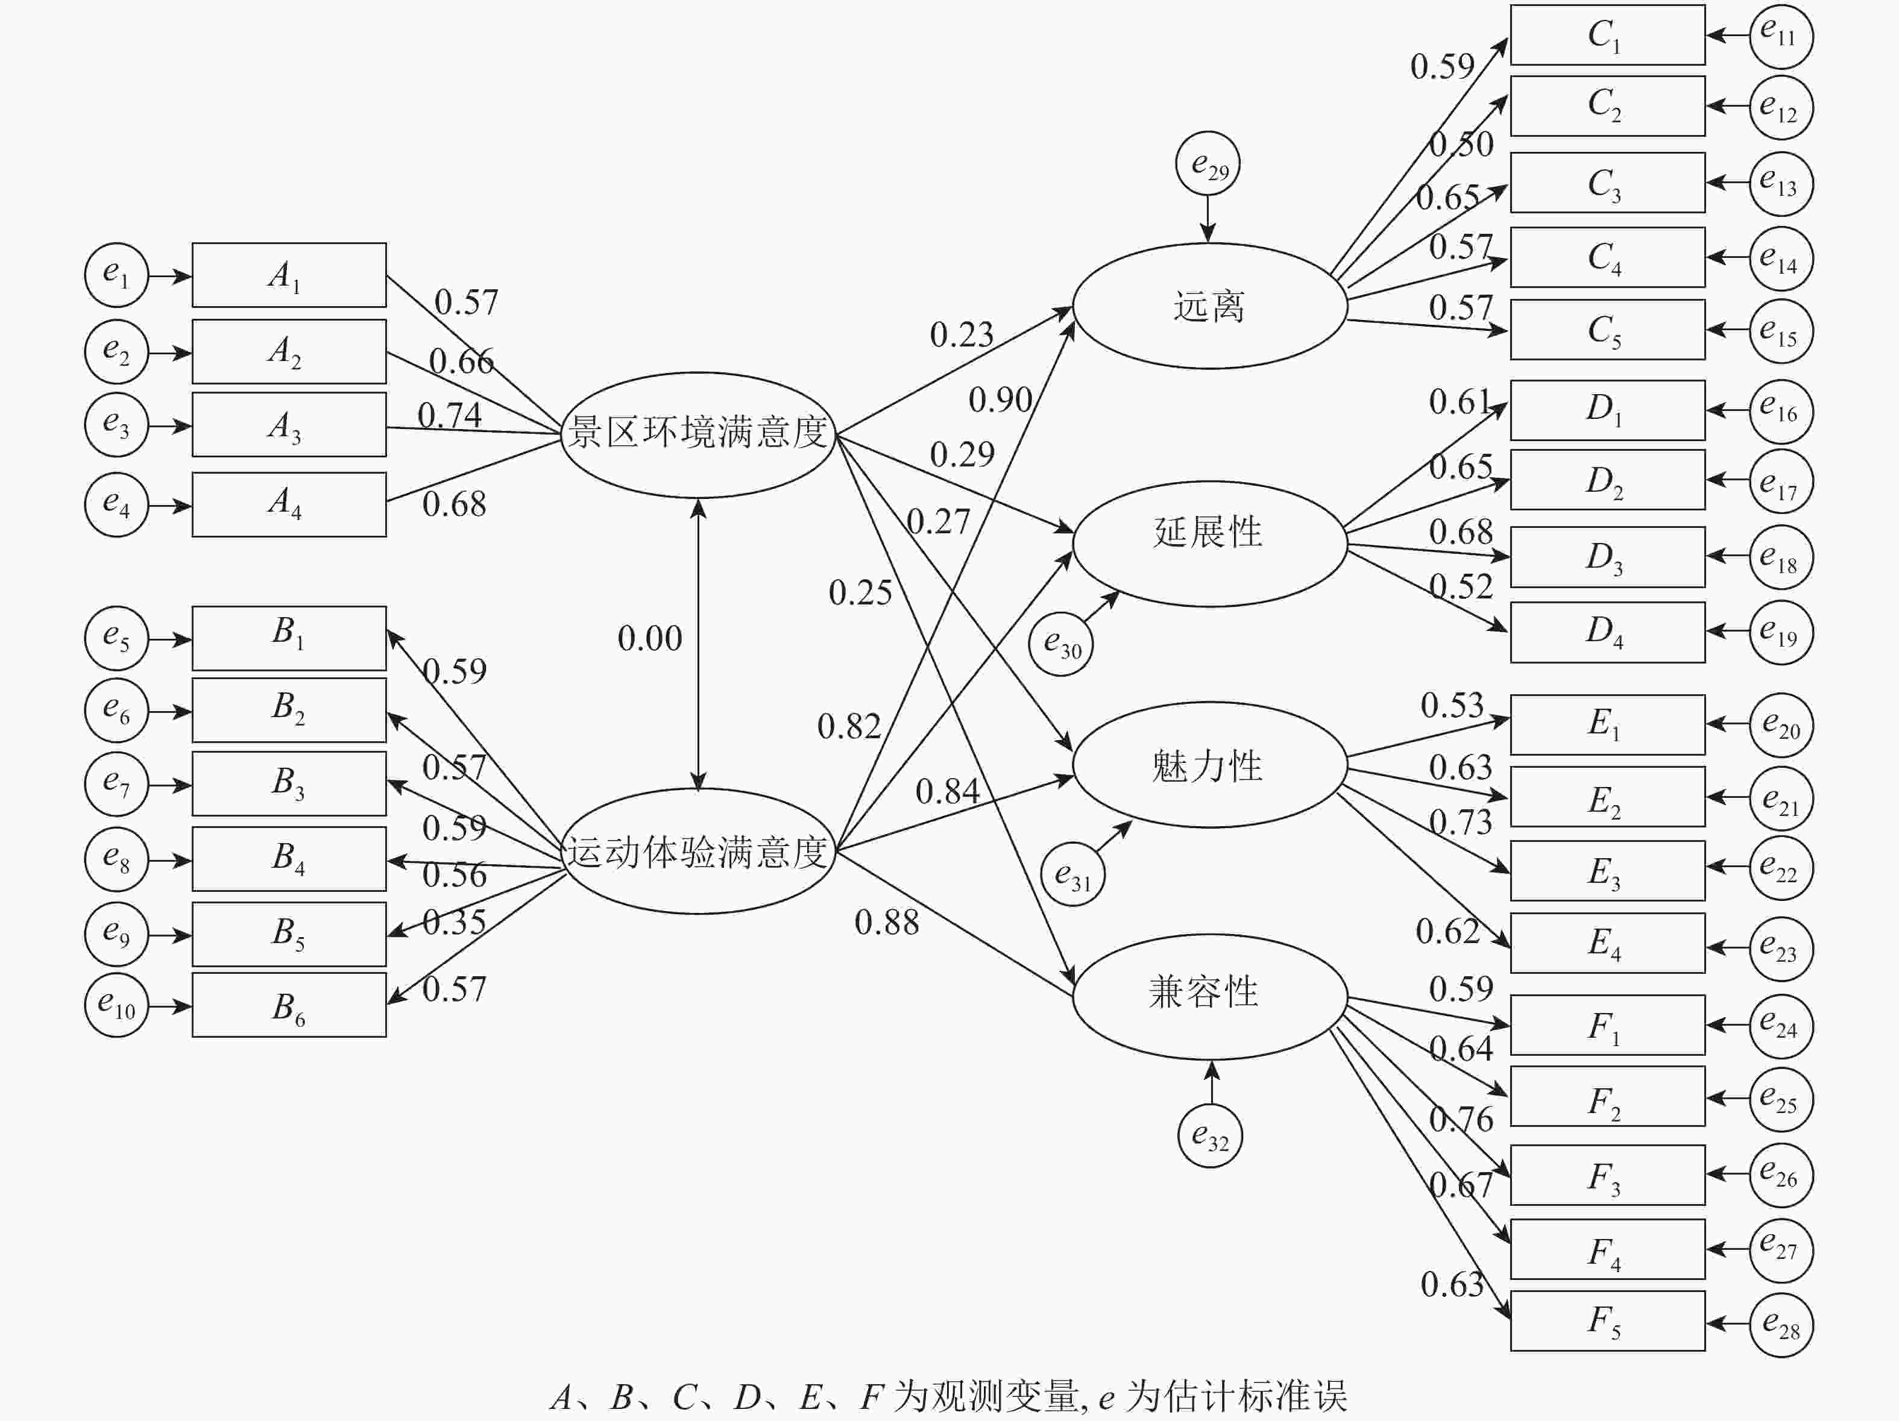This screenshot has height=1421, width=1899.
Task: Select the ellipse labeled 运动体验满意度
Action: [698, 852]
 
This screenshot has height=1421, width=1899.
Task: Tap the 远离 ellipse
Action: [1209, 306]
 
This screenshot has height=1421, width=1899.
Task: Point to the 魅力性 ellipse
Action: [1209, 765]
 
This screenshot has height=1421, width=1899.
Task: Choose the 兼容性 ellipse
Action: [1209, 996]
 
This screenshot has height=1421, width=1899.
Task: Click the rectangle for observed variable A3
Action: [288, 425]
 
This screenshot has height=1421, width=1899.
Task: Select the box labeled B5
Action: [288, 933]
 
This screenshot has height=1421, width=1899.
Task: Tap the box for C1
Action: [1607, 35]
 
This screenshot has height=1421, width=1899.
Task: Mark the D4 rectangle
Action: [1607, 632]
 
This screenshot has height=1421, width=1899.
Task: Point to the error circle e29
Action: [1208, 164]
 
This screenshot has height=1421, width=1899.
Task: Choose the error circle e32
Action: [1209, 1136]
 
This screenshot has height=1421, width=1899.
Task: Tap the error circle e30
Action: [1061, 644]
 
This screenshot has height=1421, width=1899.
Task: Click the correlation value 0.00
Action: [650, 638]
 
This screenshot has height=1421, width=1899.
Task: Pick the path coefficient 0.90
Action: [1000, 400]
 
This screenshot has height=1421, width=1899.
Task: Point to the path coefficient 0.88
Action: [887, 923]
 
